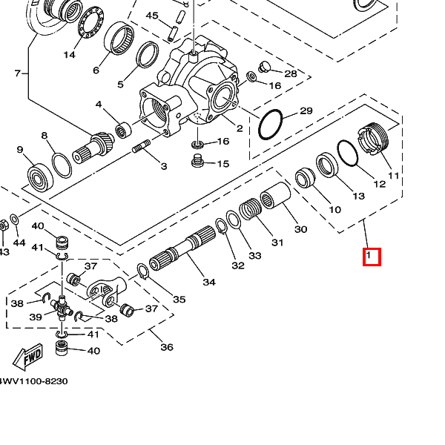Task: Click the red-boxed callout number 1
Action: pos(371,257)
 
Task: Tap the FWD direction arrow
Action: pos(30,360)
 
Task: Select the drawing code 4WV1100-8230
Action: pos(34,380)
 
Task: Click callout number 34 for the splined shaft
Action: pos(209,282)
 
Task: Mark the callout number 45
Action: pos(153,16)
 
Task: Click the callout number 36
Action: pos(167,347)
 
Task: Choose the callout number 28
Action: pos(290,73)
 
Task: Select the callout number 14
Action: pos(70,54)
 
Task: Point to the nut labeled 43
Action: pos(3,223)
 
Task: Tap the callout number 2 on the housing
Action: pos(240,128)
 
